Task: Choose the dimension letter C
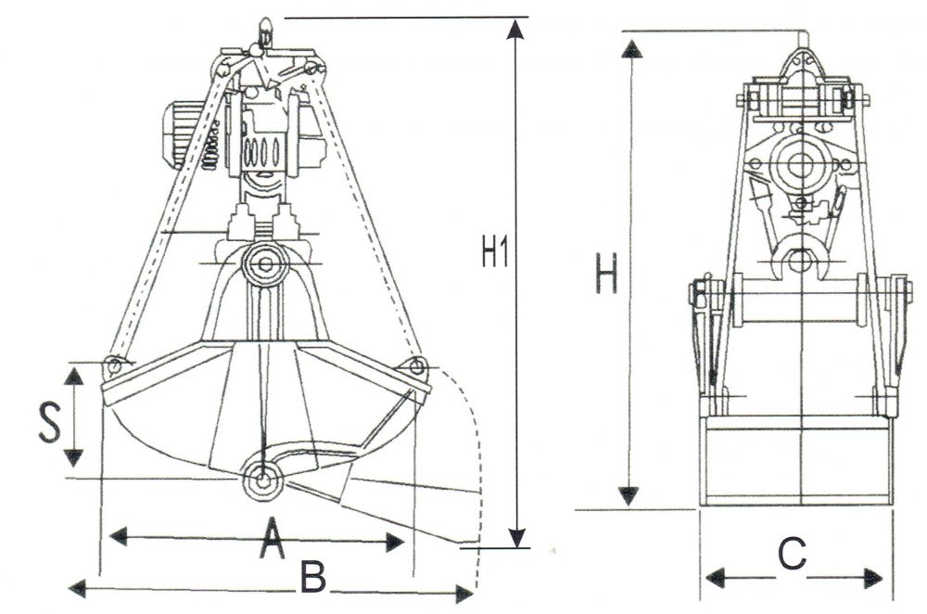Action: (792, 555)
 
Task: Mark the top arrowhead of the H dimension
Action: (631, 47)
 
